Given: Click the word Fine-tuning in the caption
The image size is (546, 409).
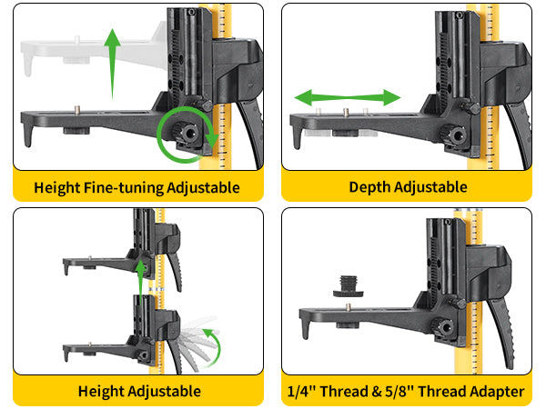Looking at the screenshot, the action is [x=124, y=188].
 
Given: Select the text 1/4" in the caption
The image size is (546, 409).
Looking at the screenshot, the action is [x=301, y=391].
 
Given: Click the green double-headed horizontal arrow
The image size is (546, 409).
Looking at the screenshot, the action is [x=348, y=97].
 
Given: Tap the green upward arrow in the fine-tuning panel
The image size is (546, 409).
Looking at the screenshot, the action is [x=112, y=65].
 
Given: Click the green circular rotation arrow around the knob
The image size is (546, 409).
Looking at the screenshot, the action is [x=157, y=134].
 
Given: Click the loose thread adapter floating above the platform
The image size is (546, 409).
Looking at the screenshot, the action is [x=349, y=286].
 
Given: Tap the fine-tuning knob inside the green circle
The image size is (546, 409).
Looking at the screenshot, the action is [x=186, y=132].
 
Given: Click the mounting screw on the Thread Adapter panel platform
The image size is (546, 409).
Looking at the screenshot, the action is [x=348, y=306].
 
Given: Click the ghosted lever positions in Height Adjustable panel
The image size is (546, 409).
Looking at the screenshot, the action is [x=197, y=343].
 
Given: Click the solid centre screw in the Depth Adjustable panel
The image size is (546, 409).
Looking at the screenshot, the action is [x=346, y=112].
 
